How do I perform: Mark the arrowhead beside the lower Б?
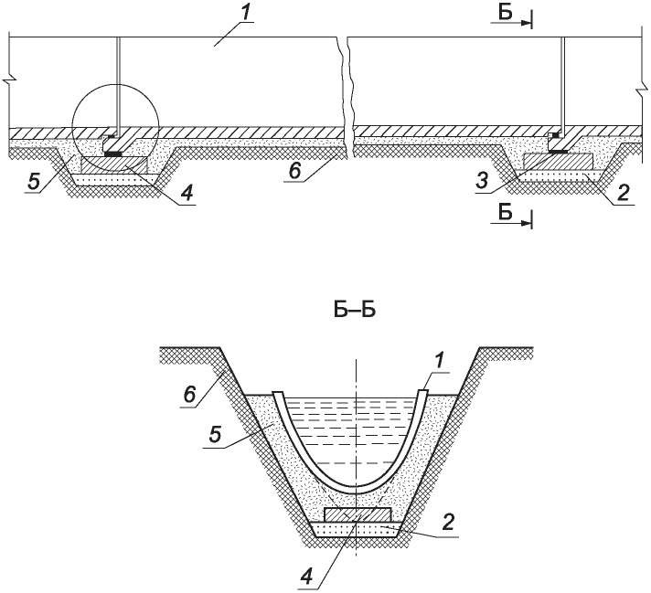[526, 219]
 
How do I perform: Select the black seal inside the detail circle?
[113, 154]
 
